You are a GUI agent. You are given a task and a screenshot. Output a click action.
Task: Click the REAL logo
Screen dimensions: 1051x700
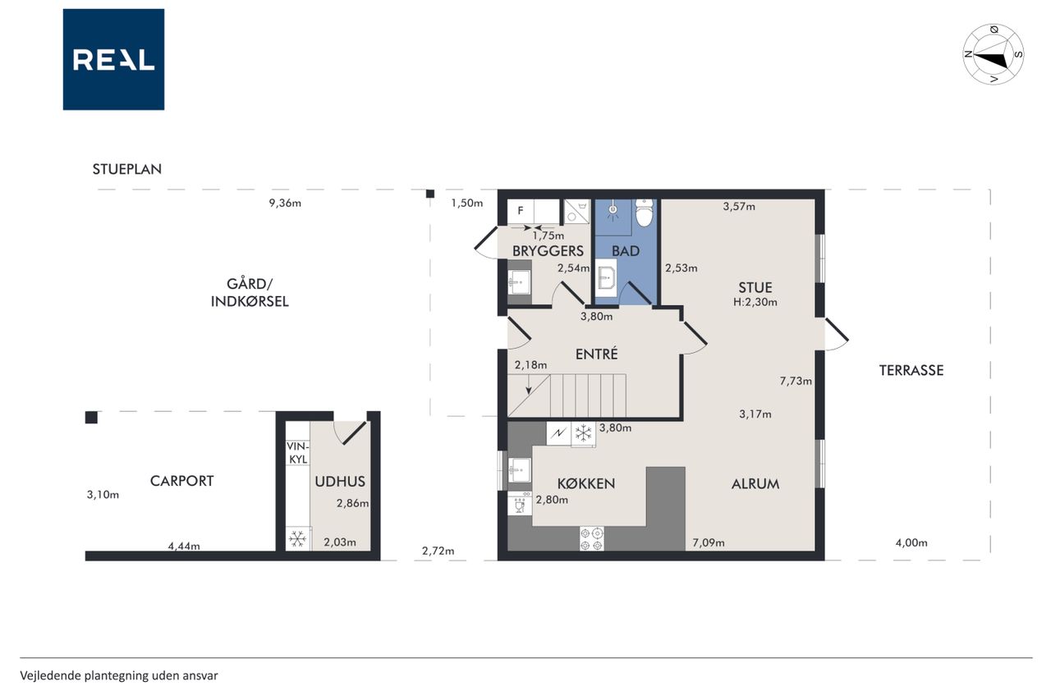coord(113,60)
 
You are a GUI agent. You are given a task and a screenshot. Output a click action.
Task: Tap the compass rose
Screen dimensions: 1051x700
coord(994,54)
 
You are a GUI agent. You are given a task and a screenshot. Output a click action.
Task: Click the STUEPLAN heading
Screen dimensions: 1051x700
coord(126,169)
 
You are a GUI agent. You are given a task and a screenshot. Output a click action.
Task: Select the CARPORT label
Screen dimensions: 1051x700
coord(181,481)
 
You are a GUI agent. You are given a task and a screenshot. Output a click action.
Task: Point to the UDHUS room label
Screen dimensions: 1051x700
coord(340,482)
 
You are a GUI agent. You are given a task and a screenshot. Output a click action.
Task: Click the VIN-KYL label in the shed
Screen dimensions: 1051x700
coord(297,452)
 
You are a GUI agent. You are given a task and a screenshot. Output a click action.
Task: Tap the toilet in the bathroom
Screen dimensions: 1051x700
coord(645,213)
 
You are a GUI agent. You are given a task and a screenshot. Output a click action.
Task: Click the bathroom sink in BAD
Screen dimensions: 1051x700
coord(606,277)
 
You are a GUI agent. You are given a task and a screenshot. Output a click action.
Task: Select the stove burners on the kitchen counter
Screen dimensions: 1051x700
coord(592,539)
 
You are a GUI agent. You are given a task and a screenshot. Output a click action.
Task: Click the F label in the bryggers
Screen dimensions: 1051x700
coord(521,211)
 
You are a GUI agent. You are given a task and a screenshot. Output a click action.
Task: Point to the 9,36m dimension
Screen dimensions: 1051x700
coord(285,203)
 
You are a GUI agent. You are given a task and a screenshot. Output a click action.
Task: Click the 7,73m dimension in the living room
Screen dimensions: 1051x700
coord(796,381)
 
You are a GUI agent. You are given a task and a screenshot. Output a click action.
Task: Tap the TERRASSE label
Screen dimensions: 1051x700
coord(911,370)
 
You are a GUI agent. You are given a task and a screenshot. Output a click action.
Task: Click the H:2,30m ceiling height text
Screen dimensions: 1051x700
coord(755,302)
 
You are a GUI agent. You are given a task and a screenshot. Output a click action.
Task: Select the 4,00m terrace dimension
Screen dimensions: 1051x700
coord(911,542)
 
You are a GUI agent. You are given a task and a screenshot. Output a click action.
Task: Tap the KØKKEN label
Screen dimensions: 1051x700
coord(586,483)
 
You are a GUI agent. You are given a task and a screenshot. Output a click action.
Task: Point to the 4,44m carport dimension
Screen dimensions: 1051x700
coord(184,546)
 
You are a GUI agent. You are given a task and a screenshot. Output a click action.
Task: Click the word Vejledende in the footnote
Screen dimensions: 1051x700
coord(50,675)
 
